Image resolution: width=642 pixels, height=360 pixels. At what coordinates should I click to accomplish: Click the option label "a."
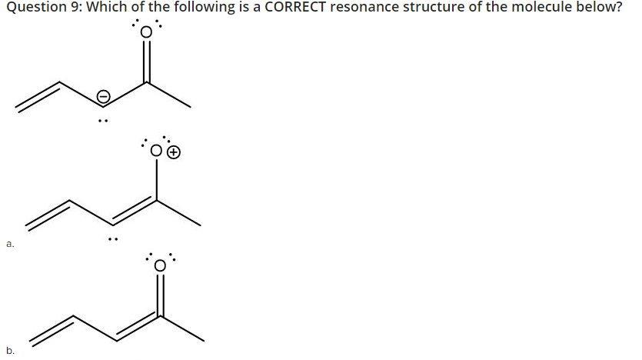pos(10,245)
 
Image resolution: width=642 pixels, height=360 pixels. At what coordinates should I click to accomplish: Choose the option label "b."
pos(10,350)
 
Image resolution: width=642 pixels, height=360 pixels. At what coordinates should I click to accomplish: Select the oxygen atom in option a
pos(158,152)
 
